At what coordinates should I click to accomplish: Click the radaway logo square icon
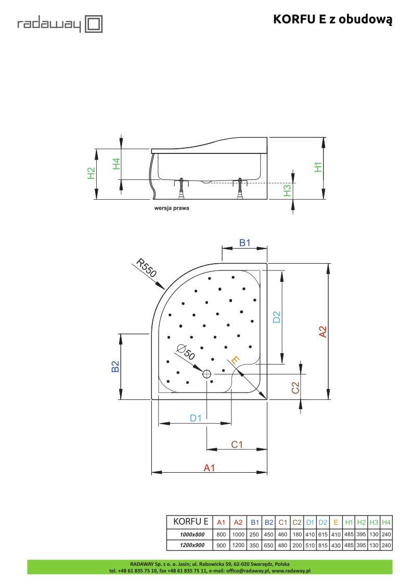[x=94, y=24]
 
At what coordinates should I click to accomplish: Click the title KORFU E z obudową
[x=332, y=19]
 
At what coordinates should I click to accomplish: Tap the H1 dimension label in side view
[x=318, y=167]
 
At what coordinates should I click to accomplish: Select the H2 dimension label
[x=91, y=173]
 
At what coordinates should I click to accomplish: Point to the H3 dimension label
[x=287, y=191]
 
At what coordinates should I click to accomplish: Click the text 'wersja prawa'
[x=172, y=208]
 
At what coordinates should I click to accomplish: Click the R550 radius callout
[x=146, y=268]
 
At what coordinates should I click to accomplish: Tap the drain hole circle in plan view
[x=206, y=374]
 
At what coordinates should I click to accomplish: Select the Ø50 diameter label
[x=186, y=352]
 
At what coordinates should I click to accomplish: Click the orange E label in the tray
[x=235, y=360]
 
